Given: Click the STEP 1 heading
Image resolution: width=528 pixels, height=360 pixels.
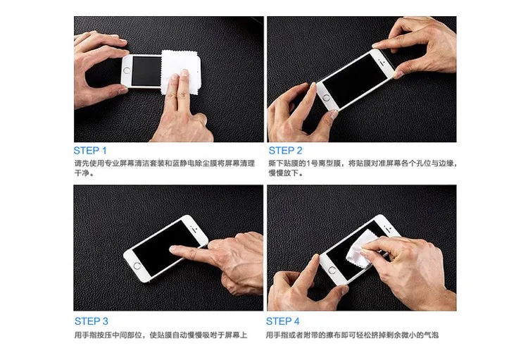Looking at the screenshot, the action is pos(90,150).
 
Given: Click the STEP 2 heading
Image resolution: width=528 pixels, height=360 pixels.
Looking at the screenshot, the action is pos(285,150).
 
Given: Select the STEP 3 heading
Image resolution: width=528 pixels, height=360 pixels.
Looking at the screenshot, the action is pos(92,321).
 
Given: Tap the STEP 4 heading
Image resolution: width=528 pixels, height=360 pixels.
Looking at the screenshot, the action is pos(282,321).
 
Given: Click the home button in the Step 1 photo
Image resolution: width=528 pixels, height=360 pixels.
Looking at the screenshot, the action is pos(127,70).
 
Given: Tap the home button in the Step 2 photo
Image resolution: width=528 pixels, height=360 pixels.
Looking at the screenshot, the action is pos(326,98).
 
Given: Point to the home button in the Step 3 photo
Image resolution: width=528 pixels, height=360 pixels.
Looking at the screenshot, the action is pos(137,266).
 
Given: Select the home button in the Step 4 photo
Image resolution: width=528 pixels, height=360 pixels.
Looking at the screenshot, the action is pos(332,270).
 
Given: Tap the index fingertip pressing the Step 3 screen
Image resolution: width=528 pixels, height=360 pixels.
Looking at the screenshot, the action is pos(172,249).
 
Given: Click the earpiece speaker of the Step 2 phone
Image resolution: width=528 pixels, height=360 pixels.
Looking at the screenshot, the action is pos(381,62).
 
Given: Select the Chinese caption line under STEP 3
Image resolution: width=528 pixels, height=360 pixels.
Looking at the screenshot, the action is pos(161,335).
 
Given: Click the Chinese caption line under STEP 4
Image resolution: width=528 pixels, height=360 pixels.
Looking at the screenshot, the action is pos(352,335).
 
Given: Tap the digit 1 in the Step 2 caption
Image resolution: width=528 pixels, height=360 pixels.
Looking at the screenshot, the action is pos(308,163).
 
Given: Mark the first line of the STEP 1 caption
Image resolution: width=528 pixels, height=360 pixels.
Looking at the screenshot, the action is pos(165,163).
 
